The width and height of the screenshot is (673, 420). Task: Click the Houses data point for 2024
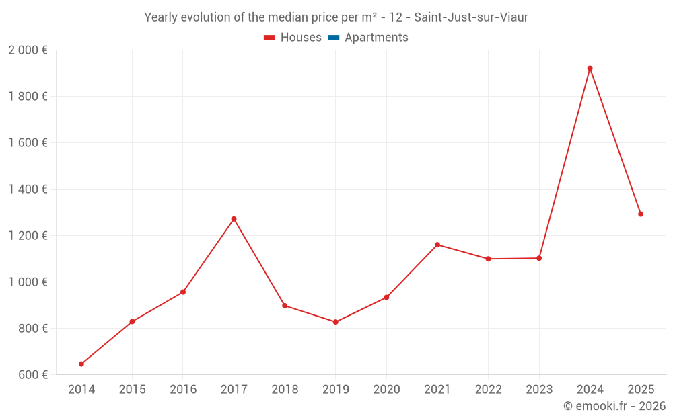coord(590,69)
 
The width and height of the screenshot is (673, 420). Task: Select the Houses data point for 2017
coord(234,219)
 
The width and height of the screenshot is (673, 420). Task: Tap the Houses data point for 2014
coord(81,364)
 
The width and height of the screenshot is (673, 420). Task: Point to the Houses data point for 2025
coord(641,214)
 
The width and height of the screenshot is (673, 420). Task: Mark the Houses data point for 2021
coord(437,245)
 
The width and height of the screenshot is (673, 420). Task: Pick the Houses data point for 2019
coord(335,322)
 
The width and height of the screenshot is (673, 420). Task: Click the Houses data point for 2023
coord(539,258)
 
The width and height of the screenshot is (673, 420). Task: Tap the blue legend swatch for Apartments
coord(333,38)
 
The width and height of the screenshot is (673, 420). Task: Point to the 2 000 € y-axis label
coord(28,50)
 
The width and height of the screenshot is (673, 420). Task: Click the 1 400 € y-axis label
coord(28,190)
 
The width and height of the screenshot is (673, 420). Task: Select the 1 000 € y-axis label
coord(28,282)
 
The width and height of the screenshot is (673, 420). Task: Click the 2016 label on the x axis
coord(183,390)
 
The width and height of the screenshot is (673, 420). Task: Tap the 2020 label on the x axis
coord(386,390)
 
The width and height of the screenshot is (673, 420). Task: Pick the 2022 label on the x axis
coord(488,390)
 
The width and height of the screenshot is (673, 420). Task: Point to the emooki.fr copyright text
coord(614,406)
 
